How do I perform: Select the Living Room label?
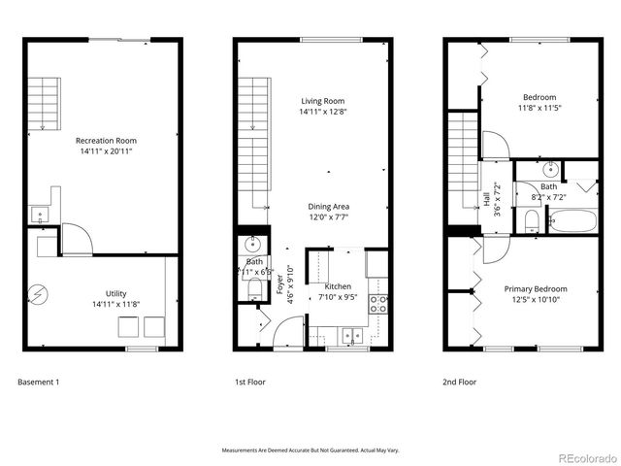[x=322, y=101]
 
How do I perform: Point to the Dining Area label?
[x=328, y=207]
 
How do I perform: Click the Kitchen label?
[x=338, y=286]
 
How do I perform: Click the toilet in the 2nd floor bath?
[x=529, y=222]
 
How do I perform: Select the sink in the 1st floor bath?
[x=253, y=243]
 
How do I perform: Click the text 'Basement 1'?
[x=39, y=383]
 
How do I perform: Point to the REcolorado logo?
[x=584, y=457]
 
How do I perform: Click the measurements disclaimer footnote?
[x=310, y=450]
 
